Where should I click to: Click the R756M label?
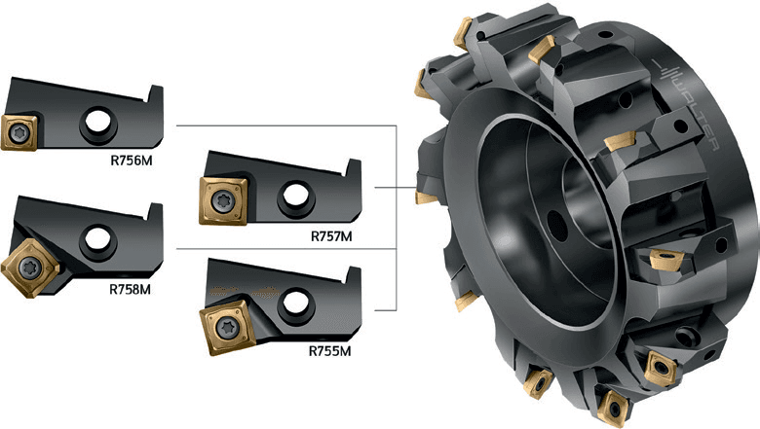coord(132,161)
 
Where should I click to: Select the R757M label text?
coord(331,236)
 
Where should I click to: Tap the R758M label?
coord(130,289)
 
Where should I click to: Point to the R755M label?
coord(329,350)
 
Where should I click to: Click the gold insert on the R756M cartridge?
coord(19,132)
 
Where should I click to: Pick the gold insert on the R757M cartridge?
coord(224,200)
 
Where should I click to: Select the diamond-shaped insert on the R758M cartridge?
coord(30,268)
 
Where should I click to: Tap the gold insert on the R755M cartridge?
coord(227,328)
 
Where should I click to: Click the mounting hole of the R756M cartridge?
coord(98,121)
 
